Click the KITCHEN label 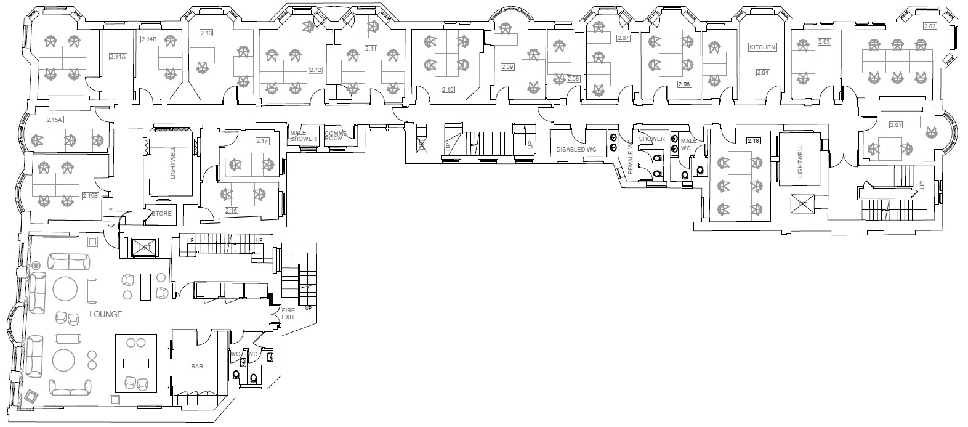coord(762,47)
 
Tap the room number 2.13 coord(206,33)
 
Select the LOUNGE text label coord(105,314)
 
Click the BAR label coord(197,366)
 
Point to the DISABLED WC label coord(576,150)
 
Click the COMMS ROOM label coord(336,136)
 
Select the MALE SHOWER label coord(303,136)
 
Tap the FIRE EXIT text coord(288,314)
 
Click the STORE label coord(161,214)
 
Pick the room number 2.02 coord(929,26)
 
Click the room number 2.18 coord(752,141)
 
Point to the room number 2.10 coord(448,90)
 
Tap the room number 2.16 coord(232,210)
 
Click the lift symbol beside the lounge coord(145,246)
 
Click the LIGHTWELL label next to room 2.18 coord(800,162)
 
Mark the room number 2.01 coord(896,125)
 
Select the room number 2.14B coord(149,39)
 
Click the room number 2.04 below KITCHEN coord(762,73)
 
